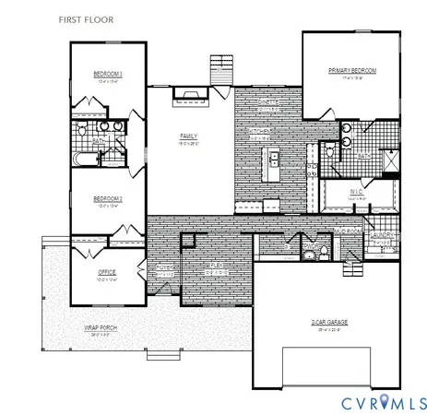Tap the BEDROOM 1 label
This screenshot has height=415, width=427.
(x=109, y=74)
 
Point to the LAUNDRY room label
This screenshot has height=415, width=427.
(x=384, y=235)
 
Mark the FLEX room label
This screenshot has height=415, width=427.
(x=215, y=267)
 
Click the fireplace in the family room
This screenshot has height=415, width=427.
(x=191, y=92)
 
